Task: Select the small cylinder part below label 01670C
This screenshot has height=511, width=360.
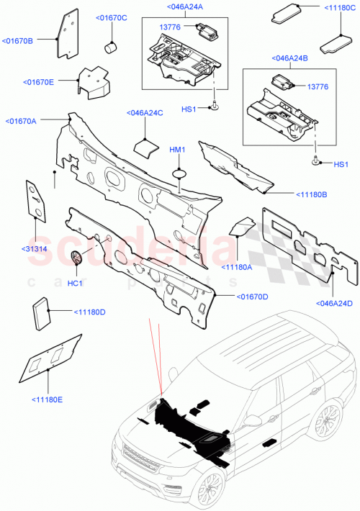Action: pyautogui.click(x=111, y=48)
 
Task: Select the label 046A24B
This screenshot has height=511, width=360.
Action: pyautogui.click(x=289, y=58)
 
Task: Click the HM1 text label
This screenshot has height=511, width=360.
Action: pyautogui.click(x=177, y=149)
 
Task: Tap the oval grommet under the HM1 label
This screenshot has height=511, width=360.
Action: pyautogui.click(x=178, y=172)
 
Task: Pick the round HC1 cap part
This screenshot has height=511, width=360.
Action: pyautogui.click(x=78, y=257)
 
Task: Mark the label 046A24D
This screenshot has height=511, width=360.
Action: pyautogui.click(x=333, y=303)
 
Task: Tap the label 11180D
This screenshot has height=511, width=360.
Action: pyautogui.click(x=89, y=312)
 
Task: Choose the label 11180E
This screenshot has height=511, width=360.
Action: pyautogui.click(x=47, y=399)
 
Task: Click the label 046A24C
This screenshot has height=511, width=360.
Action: pyautogui.click(x=145, y=113)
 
